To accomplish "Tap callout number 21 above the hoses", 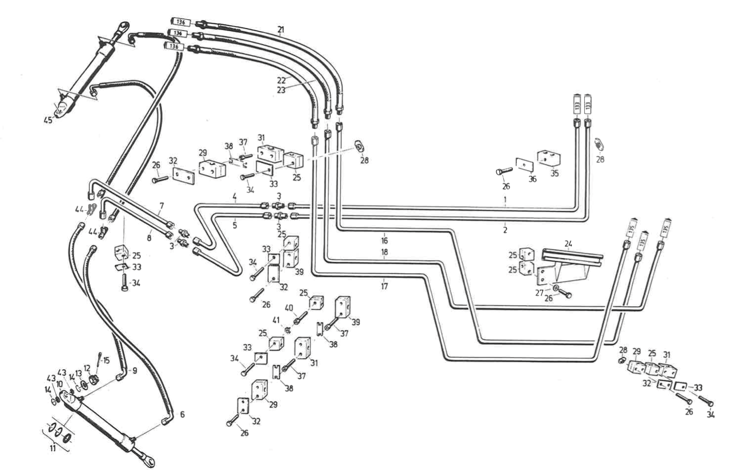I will pyautogui.click(x=281, y=29).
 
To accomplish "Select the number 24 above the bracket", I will pyautogui.click(x=568, y=243).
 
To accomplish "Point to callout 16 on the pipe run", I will pyautogui.click(x=385, y=240).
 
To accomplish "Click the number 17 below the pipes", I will pyautogui.click(x=385, y=286).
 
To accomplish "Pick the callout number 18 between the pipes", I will pyautogui.click(x=385, y=253).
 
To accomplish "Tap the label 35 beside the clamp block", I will pyautogui.click(x=554, y=174).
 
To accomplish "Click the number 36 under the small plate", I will pyautogui.click(x=532, y=179).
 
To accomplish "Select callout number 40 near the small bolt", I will pyautogui.click(x=289, y=308).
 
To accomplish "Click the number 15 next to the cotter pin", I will pyautogui.click(x=106, y=360).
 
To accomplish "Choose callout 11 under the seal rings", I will pyautogui.click(x=53, y=448).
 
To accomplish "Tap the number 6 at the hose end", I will pyautogui.click(x=182, y=414).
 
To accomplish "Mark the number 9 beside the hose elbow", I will pyautogui.click(x=134, y=370).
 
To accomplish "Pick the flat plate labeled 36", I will pyautogui.click(x=525, y=164).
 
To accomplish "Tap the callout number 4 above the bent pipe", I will pyautogui.click(x=234, y=197).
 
